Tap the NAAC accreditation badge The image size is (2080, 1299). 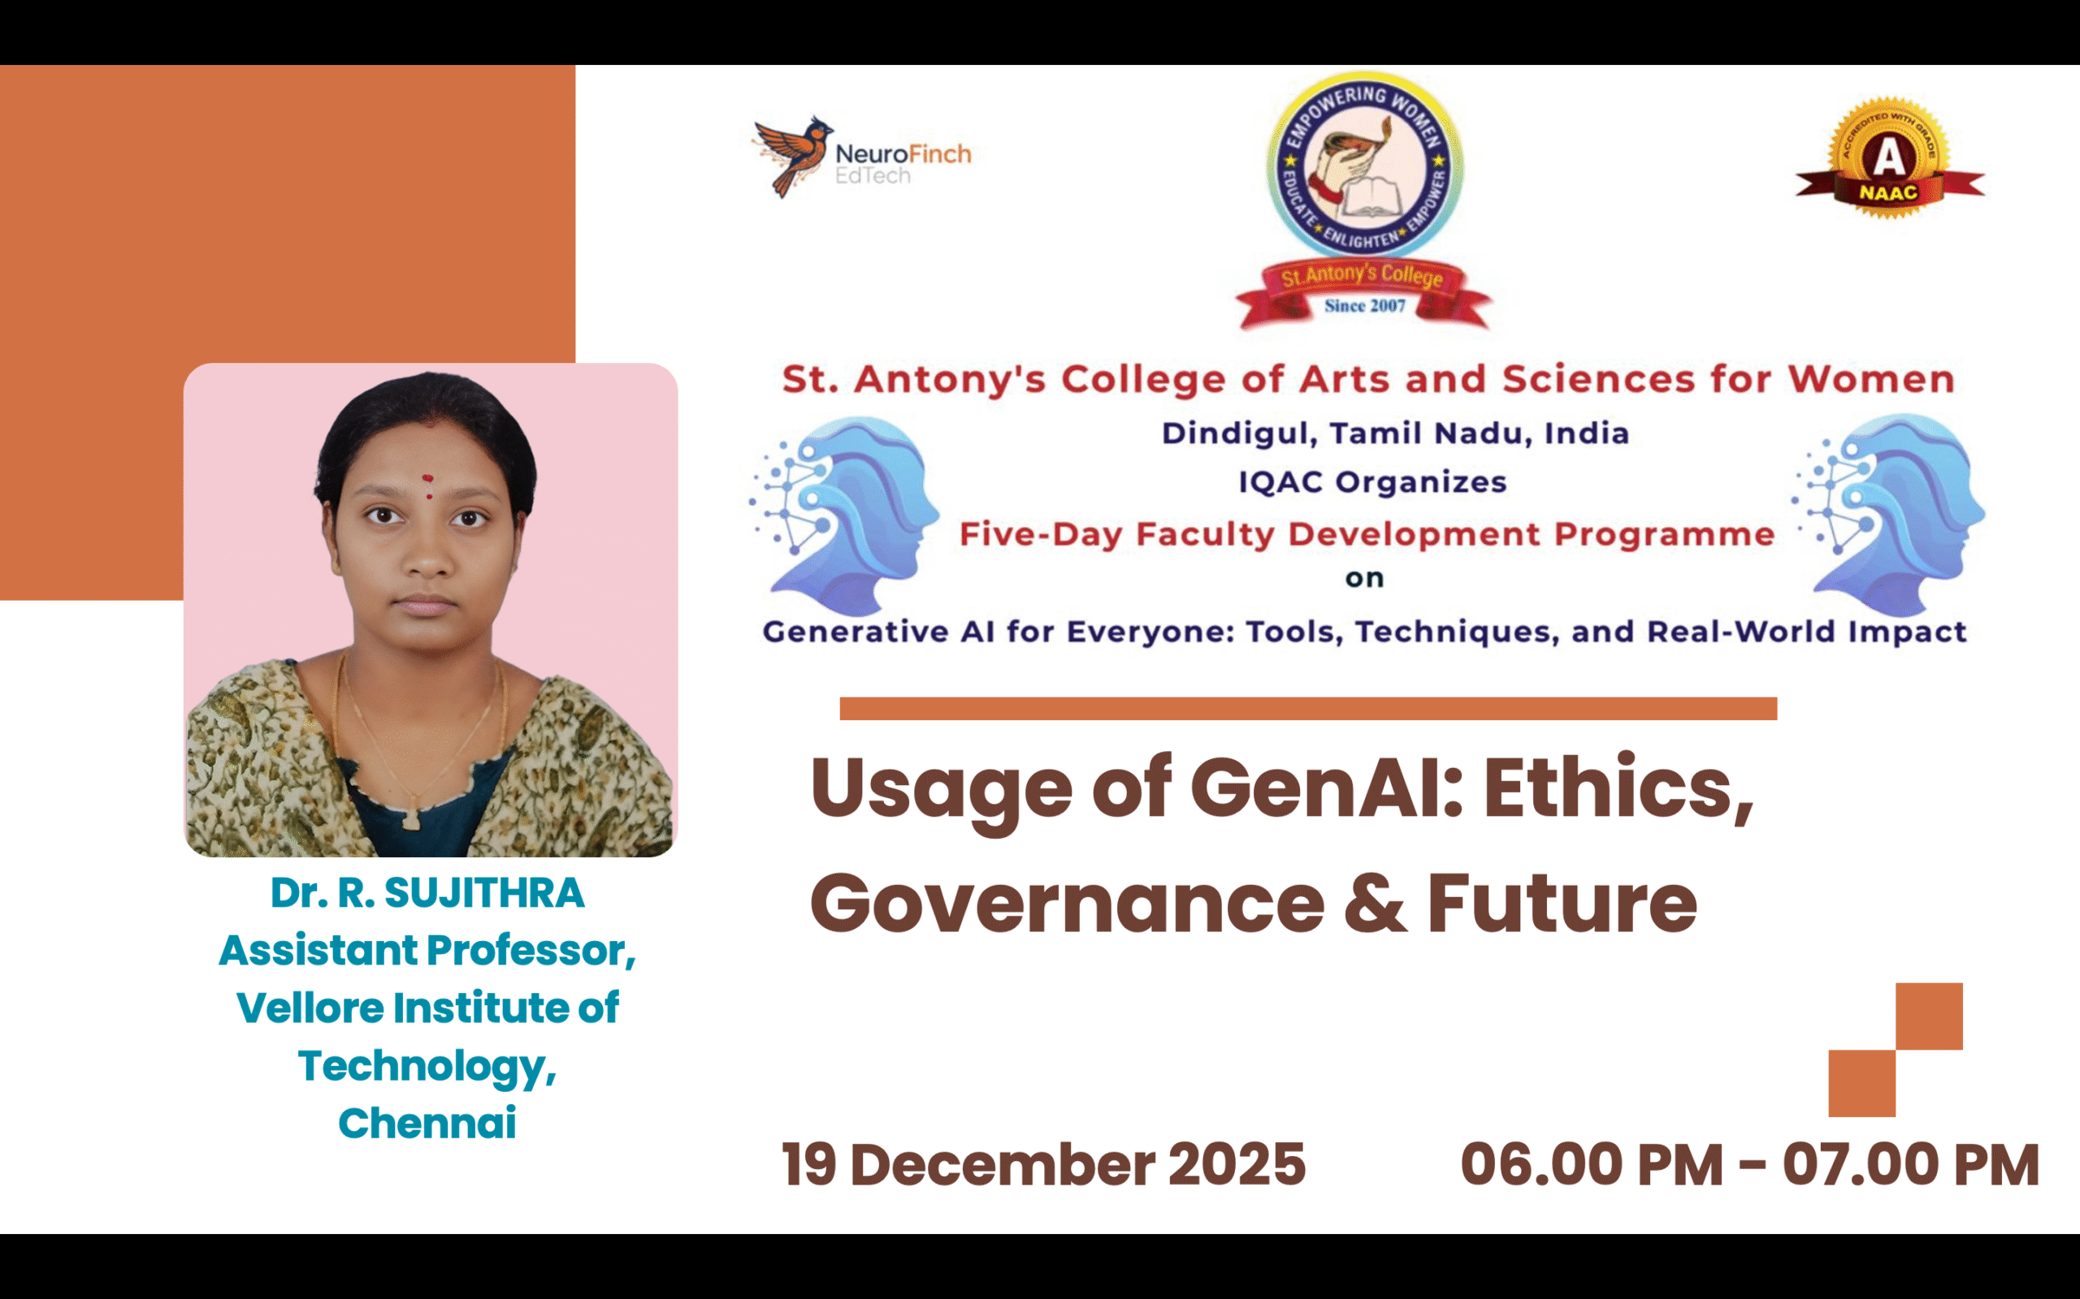click(1888, 159)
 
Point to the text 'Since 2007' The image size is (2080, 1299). click(1365, 306)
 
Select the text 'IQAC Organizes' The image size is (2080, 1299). click(1372, 482)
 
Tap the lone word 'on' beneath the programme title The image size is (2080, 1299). click(1365, 578)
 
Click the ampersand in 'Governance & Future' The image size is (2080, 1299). click(1376, 904)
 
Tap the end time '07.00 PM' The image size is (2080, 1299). click(1910, 1165)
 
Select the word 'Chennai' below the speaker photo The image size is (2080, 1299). click(427, 1123)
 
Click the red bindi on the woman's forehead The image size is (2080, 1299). click(427, 479)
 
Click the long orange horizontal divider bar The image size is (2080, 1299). click(1307, 709)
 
